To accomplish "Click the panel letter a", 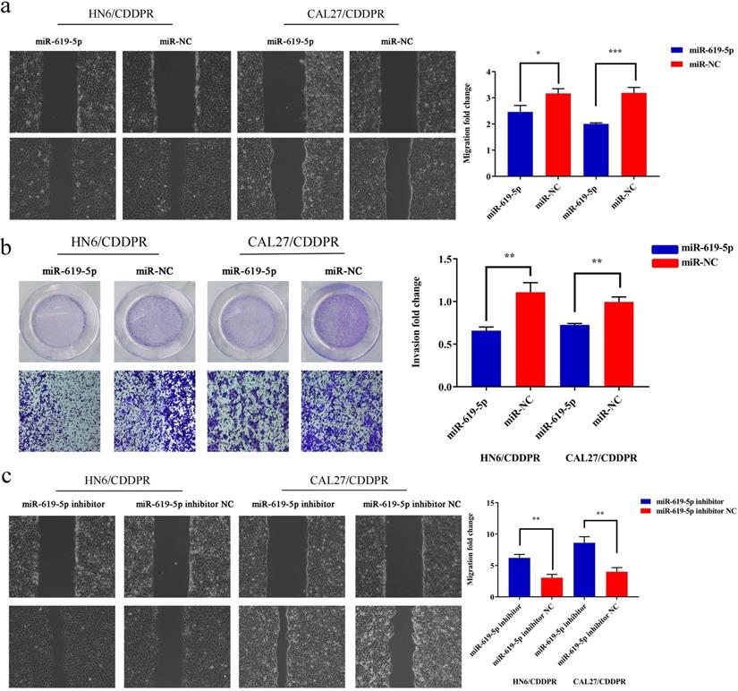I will click(x=10, y=11).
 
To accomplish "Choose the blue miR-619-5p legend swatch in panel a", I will click(x=678, y=53).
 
